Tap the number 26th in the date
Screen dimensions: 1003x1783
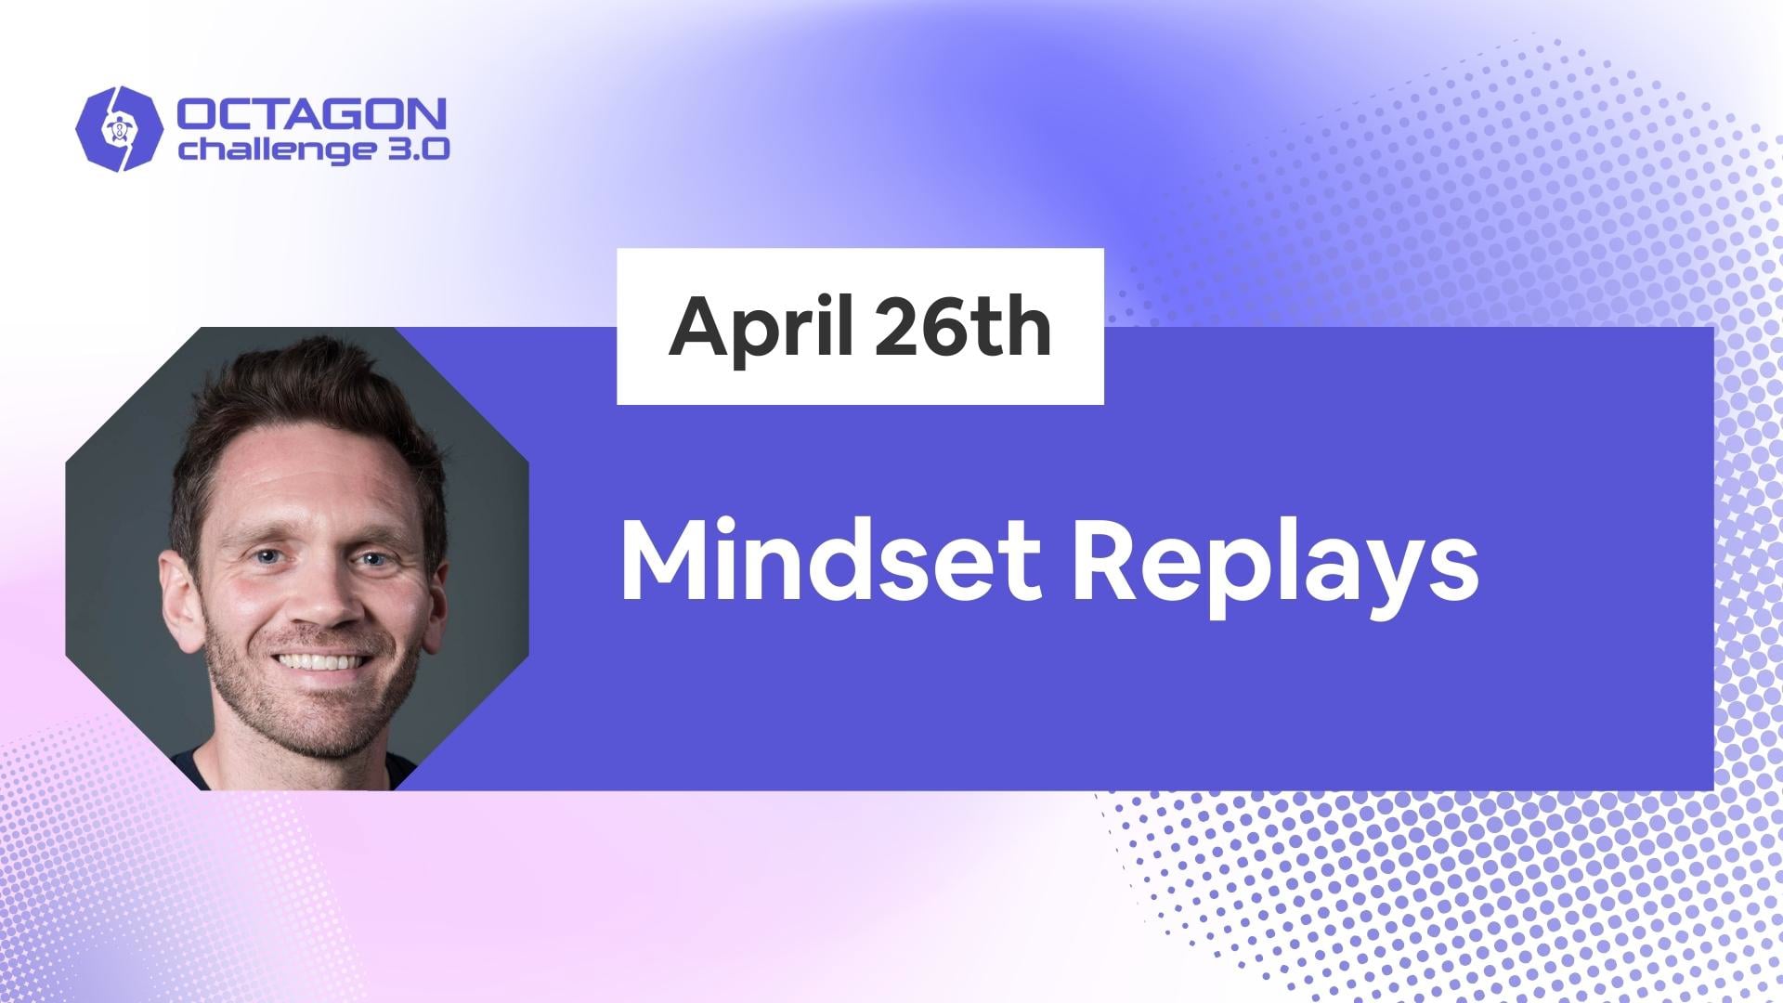[962, 328]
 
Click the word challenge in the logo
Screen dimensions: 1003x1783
[263, 150]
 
